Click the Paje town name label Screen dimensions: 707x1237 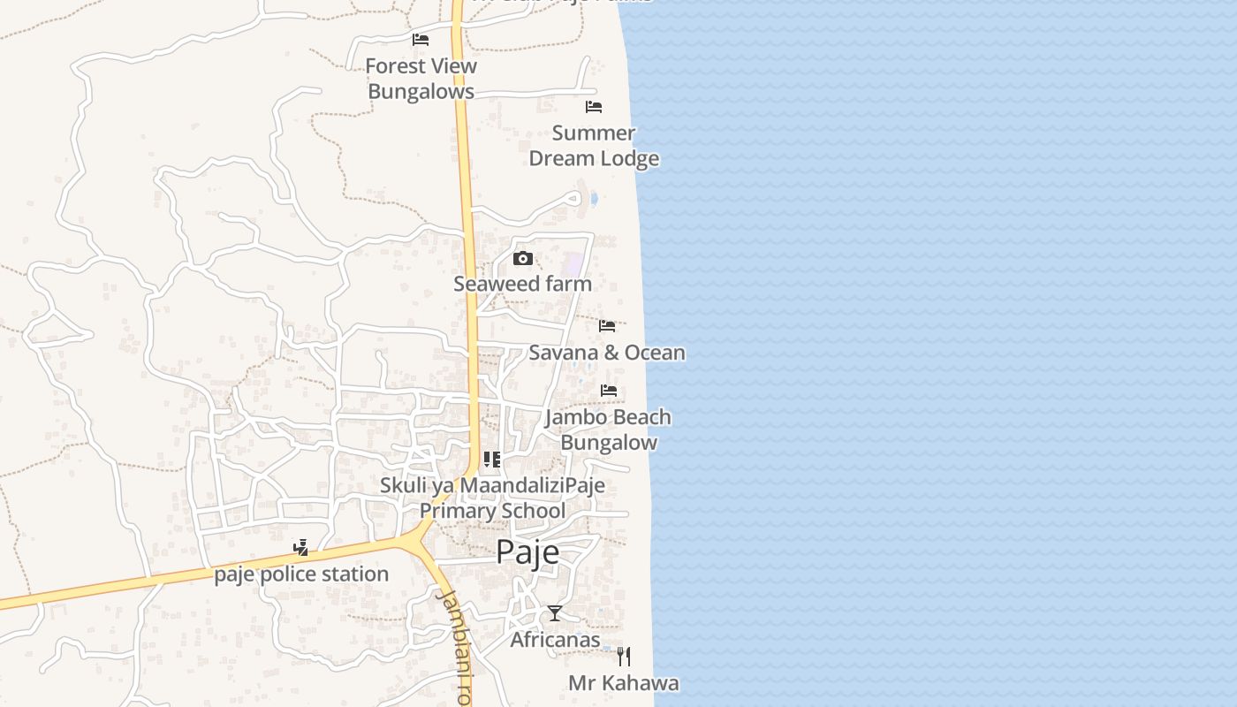pos(527,551)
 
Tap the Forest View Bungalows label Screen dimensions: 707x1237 pos(421,79)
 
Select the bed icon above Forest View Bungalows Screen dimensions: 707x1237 pos(421,39)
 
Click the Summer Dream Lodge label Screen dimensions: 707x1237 pos(594,146)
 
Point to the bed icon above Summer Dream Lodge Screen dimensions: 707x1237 pos(594,107)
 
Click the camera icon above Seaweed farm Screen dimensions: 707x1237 pos(523,258)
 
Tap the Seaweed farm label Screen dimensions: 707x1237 pos(522,284)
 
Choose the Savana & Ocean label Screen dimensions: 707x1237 pos(607,353)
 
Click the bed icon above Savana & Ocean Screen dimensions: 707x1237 pos(607,325)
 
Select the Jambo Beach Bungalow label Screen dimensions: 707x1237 pos(608,430)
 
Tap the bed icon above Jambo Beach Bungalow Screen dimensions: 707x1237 pos(609,390)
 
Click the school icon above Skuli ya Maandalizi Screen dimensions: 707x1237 pos(492,460)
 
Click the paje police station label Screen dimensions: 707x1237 pos(301,574)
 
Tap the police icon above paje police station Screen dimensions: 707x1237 pos(301,548)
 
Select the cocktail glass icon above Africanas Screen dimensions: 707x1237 pos(555,612)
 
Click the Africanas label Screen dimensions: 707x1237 pos(555,639)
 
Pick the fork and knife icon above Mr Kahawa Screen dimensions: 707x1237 pos(624,656)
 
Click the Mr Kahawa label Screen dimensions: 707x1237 pos(624,683)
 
